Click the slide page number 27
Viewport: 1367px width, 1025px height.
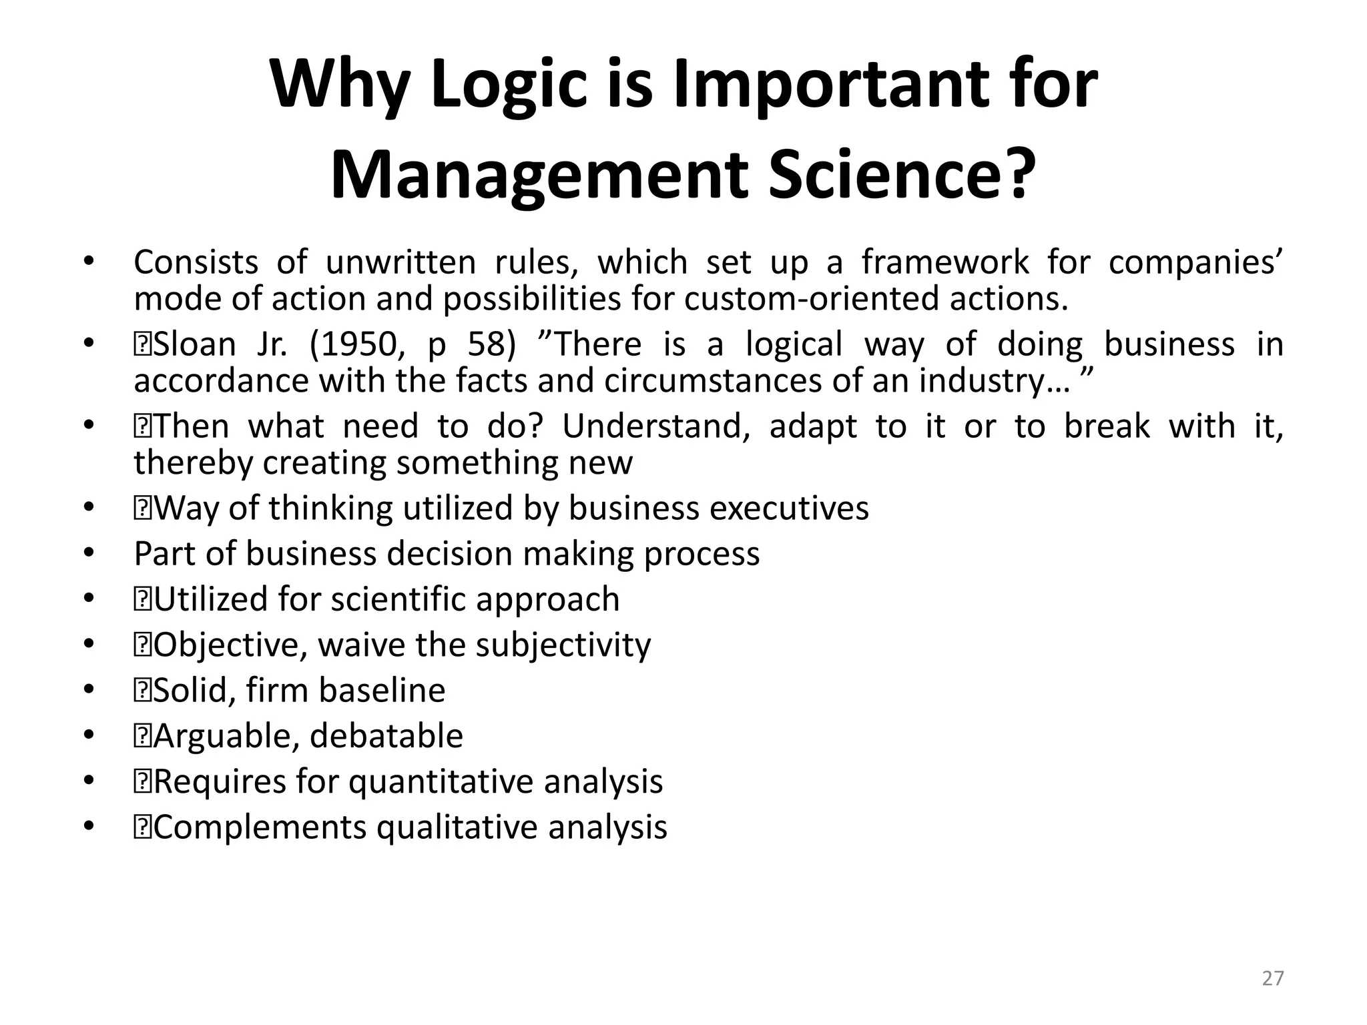[1273, 978]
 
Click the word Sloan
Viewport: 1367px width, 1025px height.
[194, 344]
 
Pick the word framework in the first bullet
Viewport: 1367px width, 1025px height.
[945, 262]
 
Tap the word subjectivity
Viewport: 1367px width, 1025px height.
[563, 645]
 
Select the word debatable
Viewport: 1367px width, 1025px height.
[386, 736]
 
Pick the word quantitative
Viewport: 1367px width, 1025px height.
[441, 782]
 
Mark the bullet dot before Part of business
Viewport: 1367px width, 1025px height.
[89, 554]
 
